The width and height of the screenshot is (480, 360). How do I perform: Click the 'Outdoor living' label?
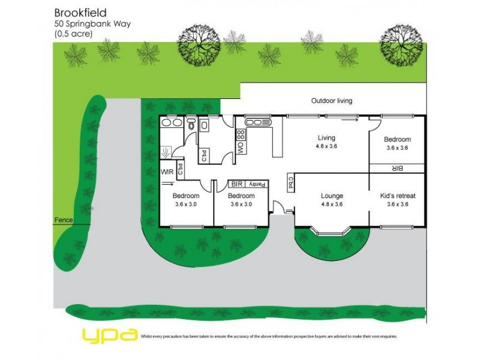click(x=331, y=101)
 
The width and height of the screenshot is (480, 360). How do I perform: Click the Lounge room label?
click(x=332, y=196)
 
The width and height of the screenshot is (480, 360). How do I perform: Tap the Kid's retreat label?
click(x=398, y=196)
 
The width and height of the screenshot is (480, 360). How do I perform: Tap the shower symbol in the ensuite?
click(x=167, y=151)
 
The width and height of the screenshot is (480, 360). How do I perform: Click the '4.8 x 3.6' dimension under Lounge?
click(x=331, y=205)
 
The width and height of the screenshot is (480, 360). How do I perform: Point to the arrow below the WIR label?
click(x=166, y=184)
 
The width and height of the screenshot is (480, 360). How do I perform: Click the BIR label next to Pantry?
click(x=236, y=184)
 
